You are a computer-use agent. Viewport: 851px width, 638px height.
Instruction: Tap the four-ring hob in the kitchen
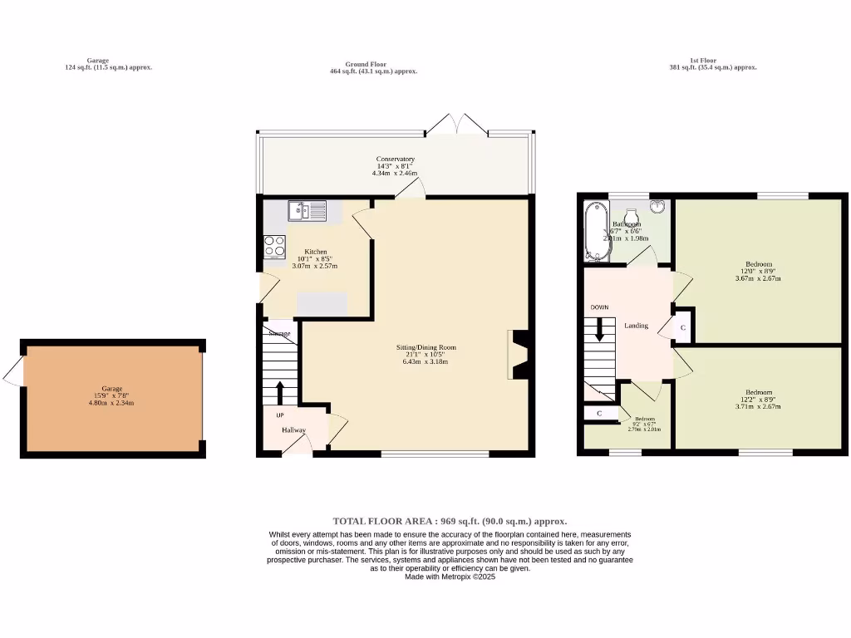275,247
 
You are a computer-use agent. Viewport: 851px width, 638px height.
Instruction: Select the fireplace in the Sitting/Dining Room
519,355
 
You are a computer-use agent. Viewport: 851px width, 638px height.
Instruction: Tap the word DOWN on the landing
599,307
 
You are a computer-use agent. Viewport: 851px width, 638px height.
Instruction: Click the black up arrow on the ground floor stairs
279,391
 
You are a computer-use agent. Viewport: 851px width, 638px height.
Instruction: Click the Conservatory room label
395,159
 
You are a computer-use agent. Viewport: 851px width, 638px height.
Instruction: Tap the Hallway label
293,429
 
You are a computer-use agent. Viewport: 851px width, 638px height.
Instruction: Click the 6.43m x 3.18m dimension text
425,362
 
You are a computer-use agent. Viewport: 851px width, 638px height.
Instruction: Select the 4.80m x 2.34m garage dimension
111,403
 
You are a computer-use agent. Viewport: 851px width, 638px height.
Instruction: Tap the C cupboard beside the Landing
682,328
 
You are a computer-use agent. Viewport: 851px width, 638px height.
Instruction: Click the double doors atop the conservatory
455,125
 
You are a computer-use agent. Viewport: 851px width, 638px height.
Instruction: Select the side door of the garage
13,375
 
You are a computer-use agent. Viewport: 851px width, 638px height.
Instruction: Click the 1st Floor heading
702,61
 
